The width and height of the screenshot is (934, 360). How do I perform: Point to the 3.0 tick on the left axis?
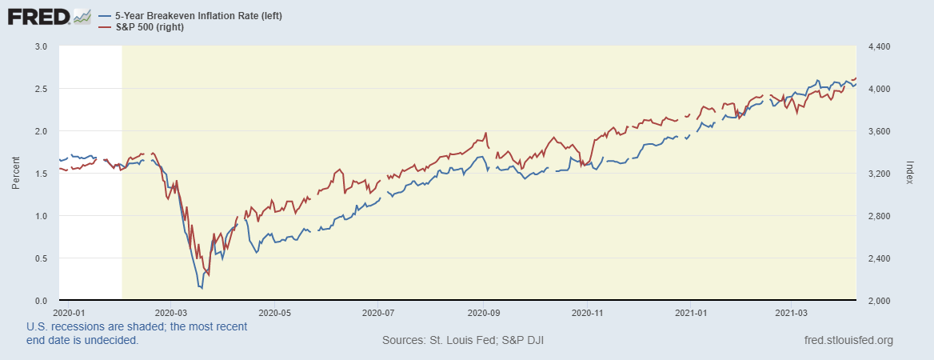click(x=42, y=46)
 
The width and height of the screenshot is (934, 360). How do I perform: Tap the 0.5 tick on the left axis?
click(x=42, y=258)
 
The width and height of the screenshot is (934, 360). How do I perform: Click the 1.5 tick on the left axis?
click(x=42, y=174)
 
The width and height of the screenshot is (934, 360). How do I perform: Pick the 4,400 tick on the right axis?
click(x=879, y=46)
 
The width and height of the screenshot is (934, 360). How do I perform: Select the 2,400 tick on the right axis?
click(x=879, y=258)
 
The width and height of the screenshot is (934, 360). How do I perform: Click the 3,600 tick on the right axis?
click(x=879, y=131)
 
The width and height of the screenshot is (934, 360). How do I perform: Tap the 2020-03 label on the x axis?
click(x=170, y=312)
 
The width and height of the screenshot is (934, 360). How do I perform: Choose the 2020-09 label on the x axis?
click(x=483, y=312)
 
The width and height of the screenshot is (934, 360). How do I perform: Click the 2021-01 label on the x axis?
click(x=693, y=312)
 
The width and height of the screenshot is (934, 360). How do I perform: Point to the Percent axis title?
click(x=15, y=174)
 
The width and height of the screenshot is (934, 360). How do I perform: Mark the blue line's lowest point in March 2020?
click(x=201, y=287)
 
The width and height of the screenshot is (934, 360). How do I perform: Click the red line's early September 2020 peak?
click(x=486, y=133)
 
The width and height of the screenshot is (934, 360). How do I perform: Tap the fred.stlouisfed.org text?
click(x=848, y=341)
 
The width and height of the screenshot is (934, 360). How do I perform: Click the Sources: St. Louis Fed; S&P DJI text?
click(x=464, y=341)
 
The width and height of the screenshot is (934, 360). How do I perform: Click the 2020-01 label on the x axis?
click(x=67, y=312)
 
